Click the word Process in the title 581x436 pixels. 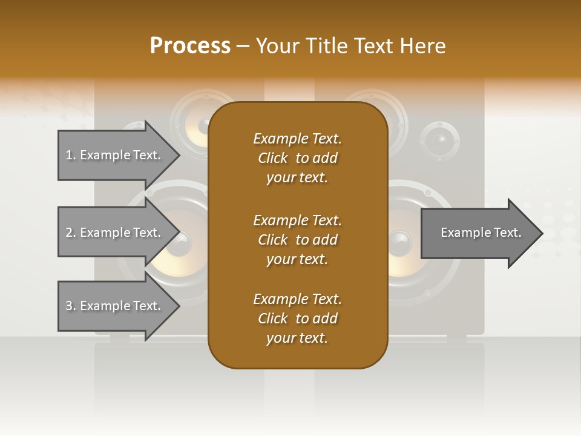[x=190, y=46]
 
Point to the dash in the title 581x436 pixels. [x=243, y=47]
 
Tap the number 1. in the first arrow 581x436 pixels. [x=71, y=155]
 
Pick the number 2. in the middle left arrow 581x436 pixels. [x=71, y=233]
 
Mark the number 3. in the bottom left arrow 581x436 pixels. [x=71, y=306]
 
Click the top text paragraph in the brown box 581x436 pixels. [x=297, y=158]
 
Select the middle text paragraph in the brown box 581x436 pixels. [x=297, y=240]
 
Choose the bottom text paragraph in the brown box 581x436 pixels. [x=297, y=319]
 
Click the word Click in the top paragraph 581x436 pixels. [x=273, y=158]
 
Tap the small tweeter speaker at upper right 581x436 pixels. [x=441, y=140]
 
